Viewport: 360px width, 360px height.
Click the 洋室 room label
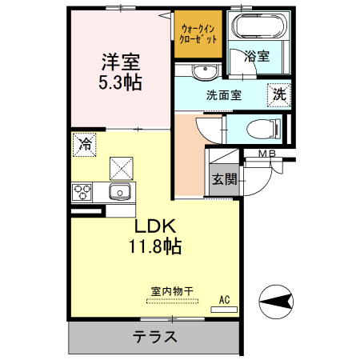121,62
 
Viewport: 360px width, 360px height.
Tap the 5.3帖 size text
121,82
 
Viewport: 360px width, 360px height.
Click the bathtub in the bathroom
258,27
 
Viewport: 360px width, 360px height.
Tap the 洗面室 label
224,95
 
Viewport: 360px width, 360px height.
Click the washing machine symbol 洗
278,94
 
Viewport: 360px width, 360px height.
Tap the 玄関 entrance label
223,179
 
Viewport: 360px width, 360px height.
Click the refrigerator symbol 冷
84,145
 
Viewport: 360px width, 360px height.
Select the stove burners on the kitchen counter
82,191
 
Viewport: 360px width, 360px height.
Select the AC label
225,300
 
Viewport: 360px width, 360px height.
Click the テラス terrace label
154,336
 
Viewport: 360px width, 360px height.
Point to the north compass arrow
276,302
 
